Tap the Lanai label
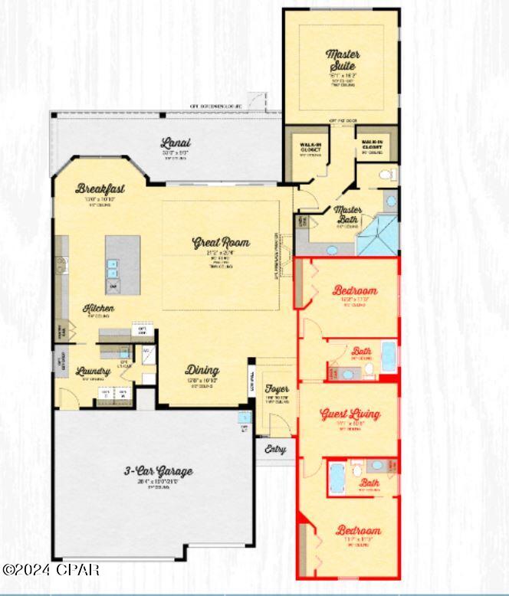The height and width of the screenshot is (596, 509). click(x=176, y=142)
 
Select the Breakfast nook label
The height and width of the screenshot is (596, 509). click(x=100, y=188)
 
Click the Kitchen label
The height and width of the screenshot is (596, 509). click(x=99, y=308)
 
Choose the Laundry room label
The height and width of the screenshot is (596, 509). click(x=94, y=372)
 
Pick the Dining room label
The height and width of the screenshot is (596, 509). click(x=202, y=370)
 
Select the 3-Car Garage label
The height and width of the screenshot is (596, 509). click(x=159, y=471)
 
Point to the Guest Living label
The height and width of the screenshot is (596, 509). click(x=350, y=414)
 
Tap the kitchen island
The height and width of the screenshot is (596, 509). click(x=123, y=264)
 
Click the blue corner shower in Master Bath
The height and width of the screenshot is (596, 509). click(x=377, y=234)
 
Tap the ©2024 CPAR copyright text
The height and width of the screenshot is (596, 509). click(x=51, y=570)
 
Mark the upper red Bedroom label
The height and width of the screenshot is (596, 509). click(x=354, y=290)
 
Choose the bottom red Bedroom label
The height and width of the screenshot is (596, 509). click(x=358, y=530)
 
